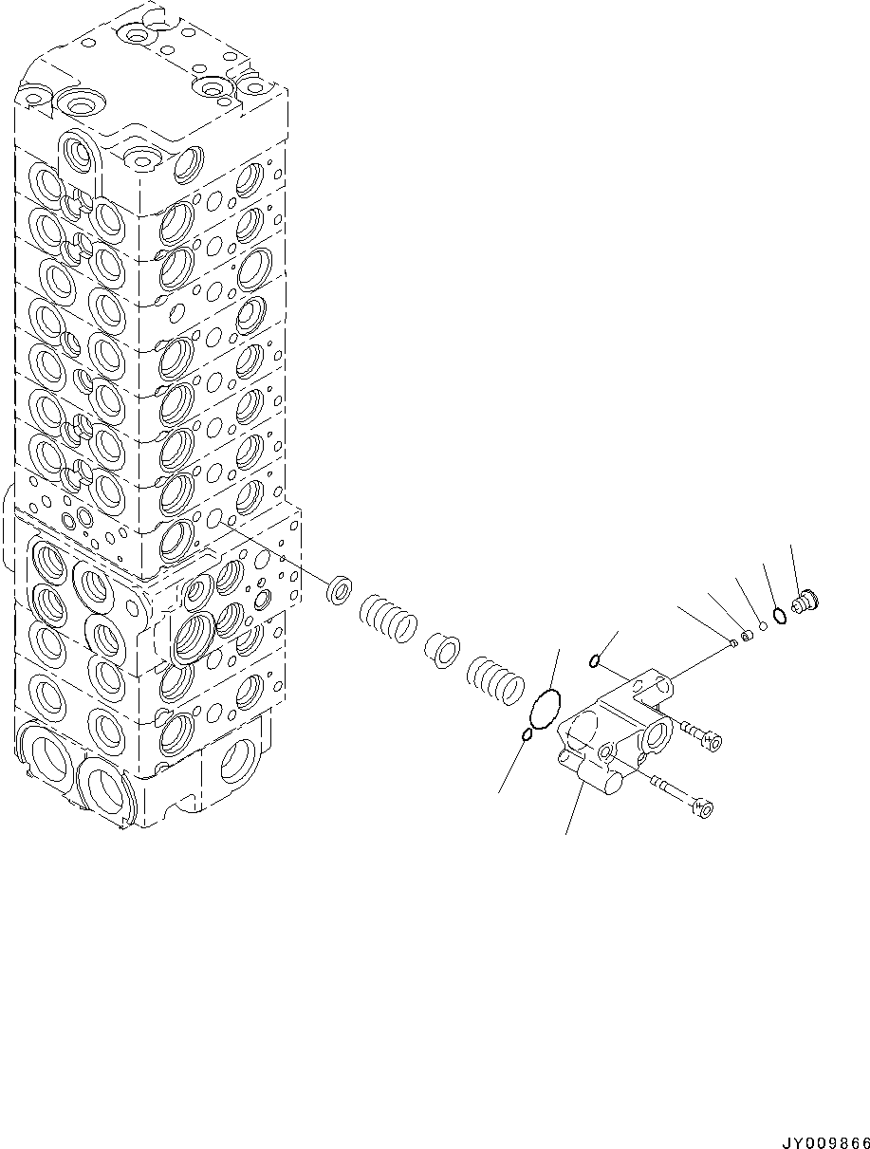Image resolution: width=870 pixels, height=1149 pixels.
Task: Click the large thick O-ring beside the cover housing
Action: coord(546,711)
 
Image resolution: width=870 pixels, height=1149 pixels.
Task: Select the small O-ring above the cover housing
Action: coord(593,661)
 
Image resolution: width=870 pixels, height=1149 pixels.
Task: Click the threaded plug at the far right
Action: coord(805,601)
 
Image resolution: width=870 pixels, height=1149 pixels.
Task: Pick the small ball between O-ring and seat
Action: coord(763,626)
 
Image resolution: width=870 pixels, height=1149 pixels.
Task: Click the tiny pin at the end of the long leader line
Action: coord(733,643)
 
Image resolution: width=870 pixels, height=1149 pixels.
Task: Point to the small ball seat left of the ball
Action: coord(748,635)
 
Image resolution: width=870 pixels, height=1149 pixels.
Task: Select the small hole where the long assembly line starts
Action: coord(215,518)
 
